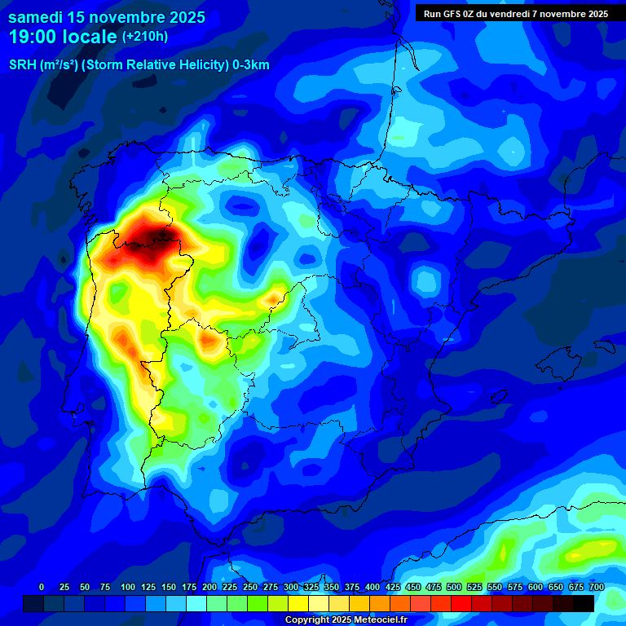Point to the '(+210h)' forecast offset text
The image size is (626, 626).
[145, 37]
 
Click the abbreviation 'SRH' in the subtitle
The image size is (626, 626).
[22, 65]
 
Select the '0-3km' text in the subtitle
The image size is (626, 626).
[251, 65]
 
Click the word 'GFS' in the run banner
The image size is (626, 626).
[452, 14]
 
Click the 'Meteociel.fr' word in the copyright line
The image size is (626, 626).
[379, 620]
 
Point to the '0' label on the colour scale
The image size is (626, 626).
[42, 588]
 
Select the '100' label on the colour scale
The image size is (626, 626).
[128, 588]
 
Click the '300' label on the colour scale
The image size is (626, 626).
[291, 588]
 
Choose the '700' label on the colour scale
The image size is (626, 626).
[596, 588]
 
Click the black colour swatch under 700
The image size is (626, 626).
[583, 603]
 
